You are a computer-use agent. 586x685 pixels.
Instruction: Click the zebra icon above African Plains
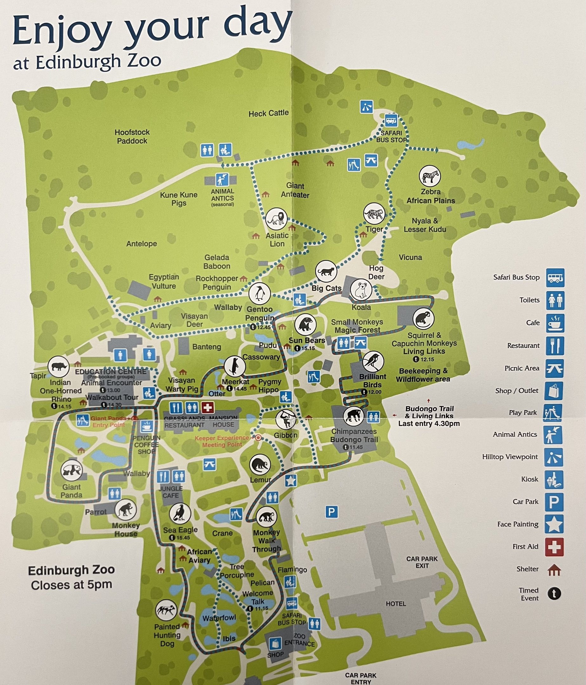click(x=430, y=176)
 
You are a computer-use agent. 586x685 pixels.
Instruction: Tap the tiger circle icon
click(x=374, y=213)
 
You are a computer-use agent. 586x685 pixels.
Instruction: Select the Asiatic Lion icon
click(x=276, y=219)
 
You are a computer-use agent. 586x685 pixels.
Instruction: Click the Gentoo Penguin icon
click(x=260, y=293)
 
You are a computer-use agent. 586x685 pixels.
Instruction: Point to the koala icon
click(x=361, y=290)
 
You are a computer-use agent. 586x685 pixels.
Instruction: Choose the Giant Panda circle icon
click(x=72, y=470)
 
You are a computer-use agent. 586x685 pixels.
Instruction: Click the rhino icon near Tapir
click(x=58, y=367)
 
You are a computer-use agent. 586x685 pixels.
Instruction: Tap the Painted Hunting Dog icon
click(x=166, y=610)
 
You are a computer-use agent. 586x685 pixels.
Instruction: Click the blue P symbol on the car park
click(x=332, y=512)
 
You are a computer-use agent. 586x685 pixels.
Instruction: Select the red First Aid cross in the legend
click(x=554, y=546)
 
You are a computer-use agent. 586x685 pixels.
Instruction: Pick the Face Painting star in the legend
click(x=554, y=524)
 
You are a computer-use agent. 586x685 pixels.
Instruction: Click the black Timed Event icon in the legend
click(x=554, y=594)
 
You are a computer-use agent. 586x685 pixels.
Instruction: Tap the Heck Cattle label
click(x=268, y=114)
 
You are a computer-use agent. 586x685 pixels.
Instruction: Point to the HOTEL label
click(x=396, y=604)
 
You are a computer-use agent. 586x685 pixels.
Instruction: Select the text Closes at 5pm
click(x=71, y=585)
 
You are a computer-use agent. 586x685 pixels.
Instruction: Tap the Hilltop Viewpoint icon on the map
click(x=366, y=107)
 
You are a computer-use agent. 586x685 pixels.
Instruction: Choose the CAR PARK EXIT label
click(x=422, y=562)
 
